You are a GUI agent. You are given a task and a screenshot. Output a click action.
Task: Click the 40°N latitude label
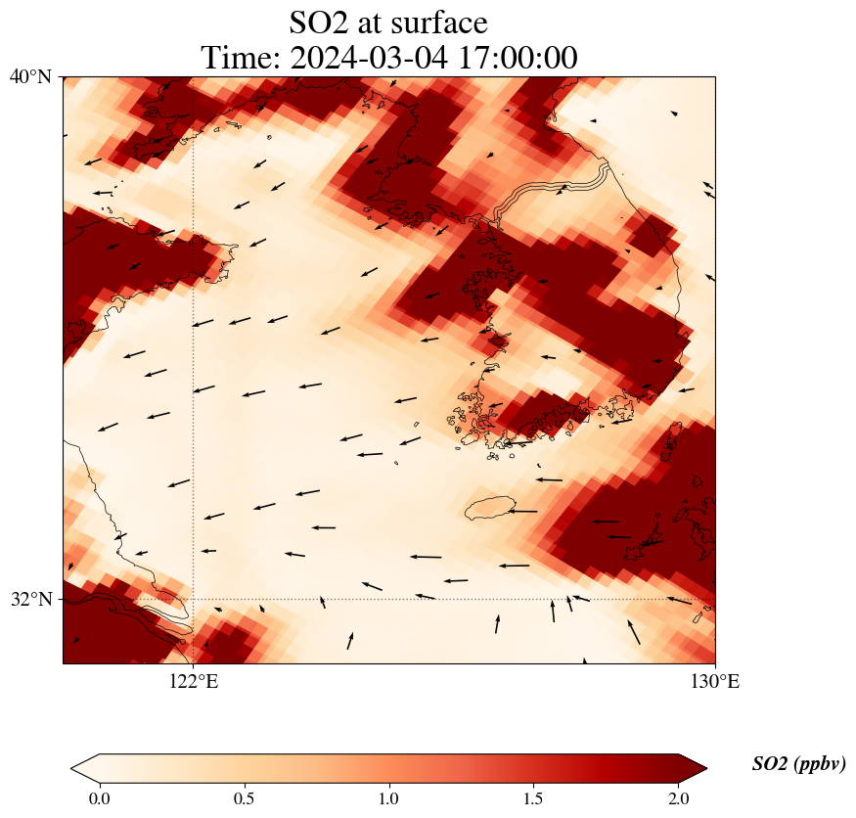tap(30, 76)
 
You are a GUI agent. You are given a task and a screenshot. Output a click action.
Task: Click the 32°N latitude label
tap(30, 599)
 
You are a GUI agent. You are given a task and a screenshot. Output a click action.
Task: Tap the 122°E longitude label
tap(194, 681)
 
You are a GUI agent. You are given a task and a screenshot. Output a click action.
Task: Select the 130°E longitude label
tap(715, 681)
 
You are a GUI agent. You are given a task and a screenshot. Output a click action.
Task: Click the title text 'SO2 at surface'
tap(388, 22)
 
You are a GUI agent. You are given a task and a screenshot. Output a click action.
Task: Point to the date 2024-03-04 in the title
tap(369, 58)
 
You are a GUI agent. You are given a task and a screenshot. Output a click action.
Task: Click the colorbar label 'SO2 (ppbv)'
tap(798, 764)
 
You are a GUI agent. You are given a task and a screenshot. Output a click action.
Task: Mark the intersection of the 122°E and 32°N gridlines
tap(194, 599)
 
